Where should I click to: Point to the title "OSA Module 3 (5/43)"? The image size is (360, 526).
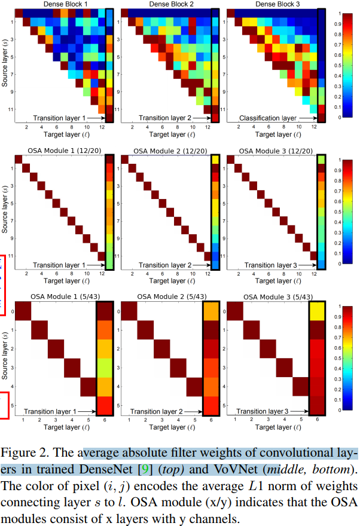[x=276, y=296]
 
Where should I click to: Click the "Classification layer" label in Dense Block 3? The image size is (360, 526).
[x=268, y=118]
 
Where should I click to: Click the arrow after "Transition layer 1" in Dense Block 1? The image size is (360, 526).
[x=96, y=118]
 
